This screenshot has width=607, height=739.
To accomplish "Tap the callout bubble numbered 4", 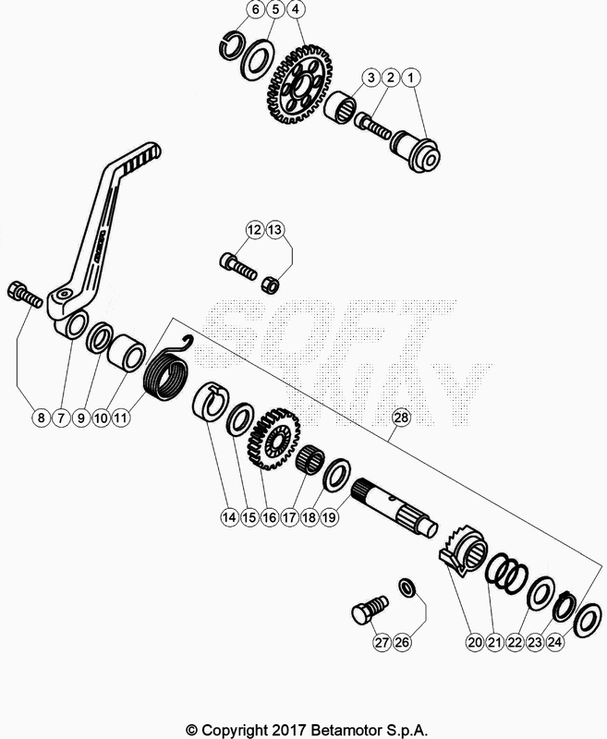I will tap(295, 11).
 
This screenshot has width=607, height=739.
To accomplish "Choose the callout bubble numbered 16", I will tap(269, 519).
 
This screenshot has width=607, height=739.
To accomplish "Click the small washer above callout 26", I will tap(407, 587).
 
